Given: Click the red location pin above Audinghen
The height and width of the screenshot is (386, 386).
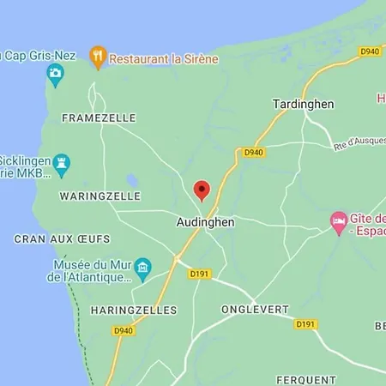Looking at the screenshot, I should [x=202, y=190].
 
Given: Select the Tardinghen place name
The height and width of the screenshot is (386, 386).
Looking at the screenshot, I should [x=303, y=103].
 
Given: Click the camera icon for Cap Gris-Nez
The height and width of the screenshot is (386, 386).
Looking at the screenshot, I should [x=55, y=74].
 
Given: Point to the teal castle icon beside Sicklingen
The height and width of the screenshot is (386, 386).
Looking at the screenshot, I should [x=62, y=162].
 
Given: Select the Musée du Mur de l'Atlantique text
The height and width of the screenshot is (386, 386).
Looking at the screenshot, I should [x=92, y=271].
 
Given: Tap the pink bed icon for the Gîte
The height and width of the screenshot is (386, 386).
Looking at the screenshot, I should [x=339, y=222].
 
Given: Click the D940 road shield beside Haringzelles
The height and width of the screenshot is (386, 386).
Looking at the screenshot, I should [x=124, y=330].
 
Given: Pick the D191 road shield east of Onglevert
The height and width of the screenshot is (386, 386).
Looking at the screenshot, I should [x=305, y=324].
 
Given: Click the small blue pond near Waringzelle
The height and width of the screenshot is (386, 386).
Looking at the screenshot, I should [x=131, y=180].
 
